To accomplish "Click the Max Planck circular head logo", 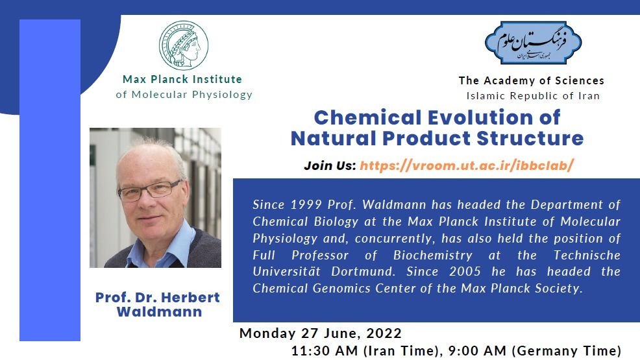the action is pyautogui.click(x=184, y=45).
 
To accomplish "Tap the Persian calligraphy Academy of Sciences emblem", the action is pyautogui.click(x=533, y=43).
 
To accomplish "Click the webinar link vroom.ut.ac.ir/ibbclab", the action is pyautogui.click(x=467, y=165).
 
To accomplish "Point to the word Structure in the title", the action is pyautogui.click(x=530, y=138).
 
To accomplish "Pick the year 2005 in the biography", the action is pyautogui.click(x=465, y=272).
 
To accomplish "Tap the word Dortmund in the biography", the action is pyautogui.click(x=363, y=272).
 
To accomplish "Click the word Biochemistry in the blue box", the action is pyautogui.click(x=433, y=255).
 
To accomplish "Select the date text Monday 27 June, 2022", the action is pyautogui.click(x=321, y=333).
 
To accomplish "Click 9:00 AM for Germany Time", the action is pyautogui.click(x=477, y=351).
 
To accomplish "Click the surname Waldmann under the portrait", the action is pyautogui.click(x=159, y=312).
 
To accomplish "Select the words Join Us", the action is pyautogui.click(x=330, y=165).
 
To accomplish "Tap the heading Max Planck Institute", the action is pyautogui.click(x=182, y=79).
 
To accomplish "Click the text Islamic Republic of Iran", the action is pyautogui.click(x=533, y=96).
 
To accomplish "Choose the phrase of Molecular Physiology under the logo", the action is pyautogui.click(x=184, y=95).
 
